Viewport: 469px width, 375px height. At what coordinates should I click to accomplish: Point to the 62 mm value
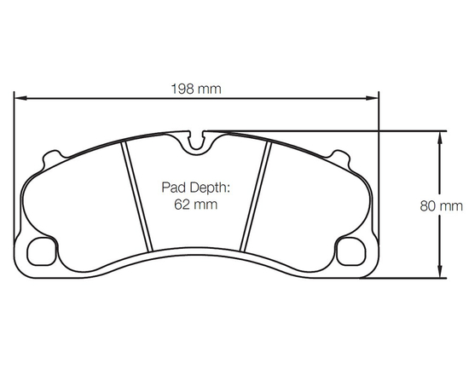point(194,205)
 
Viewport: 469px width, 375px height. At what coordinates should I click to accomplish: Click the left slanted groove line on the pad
point(135,196)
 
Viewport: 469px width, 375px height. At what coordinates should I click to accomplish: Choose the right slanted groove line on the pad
point(258,196)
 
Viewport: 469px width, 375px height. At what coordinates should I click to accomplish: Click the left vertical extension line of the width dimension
point(14,170)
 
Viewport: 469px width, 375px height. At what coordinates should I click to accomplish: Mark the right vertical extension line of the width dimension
point(379,170)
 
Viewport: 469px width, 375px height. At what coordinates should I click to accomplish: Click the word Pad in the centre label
point(173,187)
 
